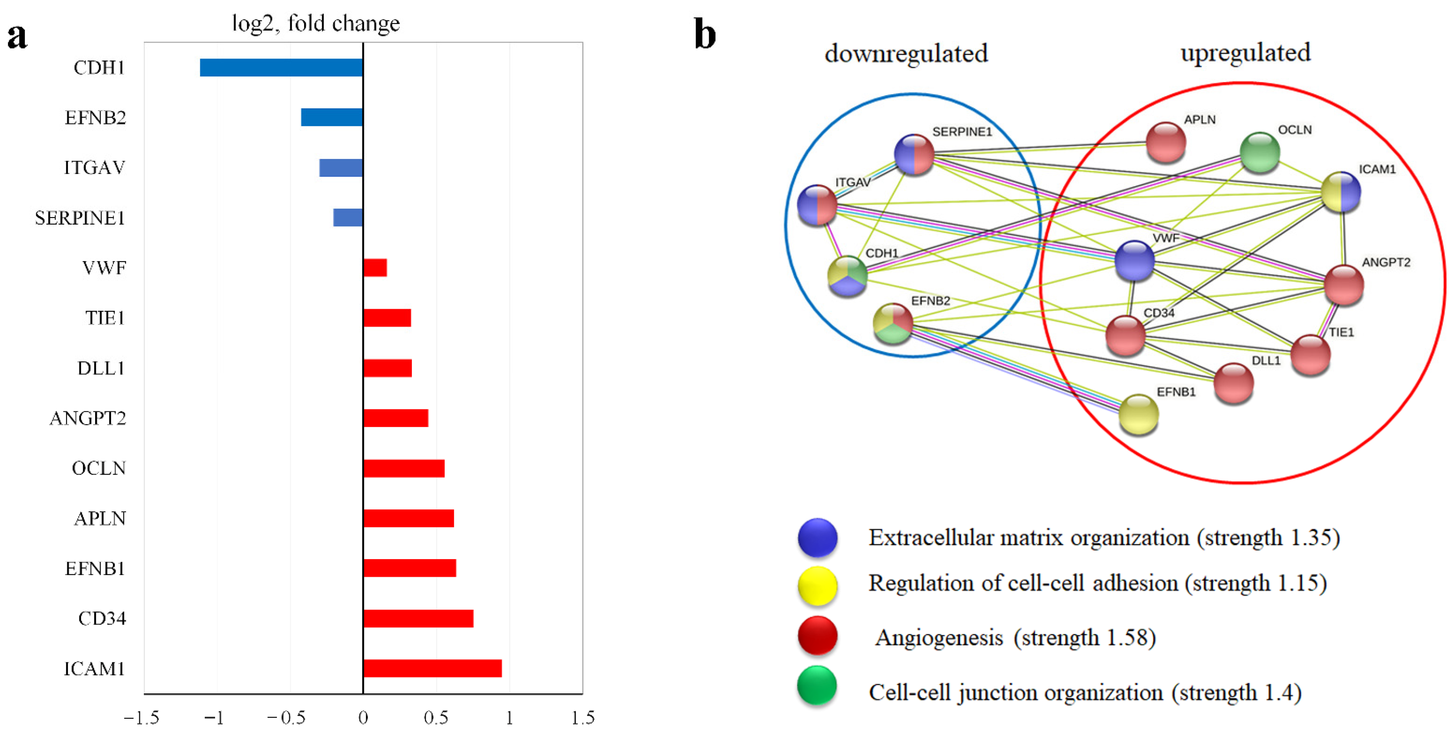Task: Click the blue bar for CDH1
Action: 281,68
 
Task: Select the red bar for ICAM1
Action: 432,668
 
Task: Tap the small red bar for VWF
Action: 375,268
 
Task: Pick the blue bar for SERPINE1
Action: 348,218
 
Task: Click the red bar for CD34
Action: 418,619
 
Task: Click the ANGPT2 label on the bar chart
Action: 88,418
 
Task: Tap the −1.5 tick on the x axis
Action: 142,718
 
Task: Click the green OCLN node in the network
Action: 1260,152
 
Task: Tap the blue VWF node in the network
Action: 1134,261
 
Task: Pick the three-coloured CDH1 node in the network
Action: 847,276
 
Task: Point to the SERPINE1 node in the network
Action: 914,154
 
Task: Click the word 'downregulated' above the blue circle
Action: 906,54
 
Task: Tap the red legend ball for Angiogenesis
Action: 817,635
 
